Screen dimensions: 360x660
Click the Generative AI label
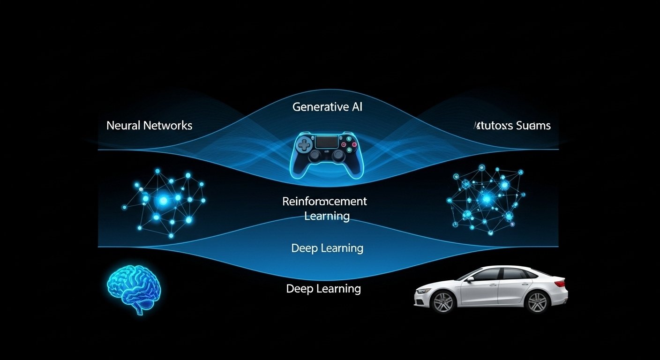coord(327,107)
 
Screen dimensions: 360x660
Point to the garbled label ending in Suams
coord(512,126)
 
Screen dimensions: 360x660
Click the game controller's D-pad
coord(304,145)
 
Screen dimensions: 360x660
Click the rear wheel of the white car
coord(537,302)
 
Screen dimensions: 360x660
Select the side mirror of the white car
coord(470,279)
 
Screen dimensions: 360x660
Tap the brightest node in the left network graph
coord(163,201)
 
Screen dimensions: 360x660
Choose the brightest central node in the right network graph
coord(487,199)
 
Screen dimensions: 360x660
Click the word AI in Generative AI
coord(356,107)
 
